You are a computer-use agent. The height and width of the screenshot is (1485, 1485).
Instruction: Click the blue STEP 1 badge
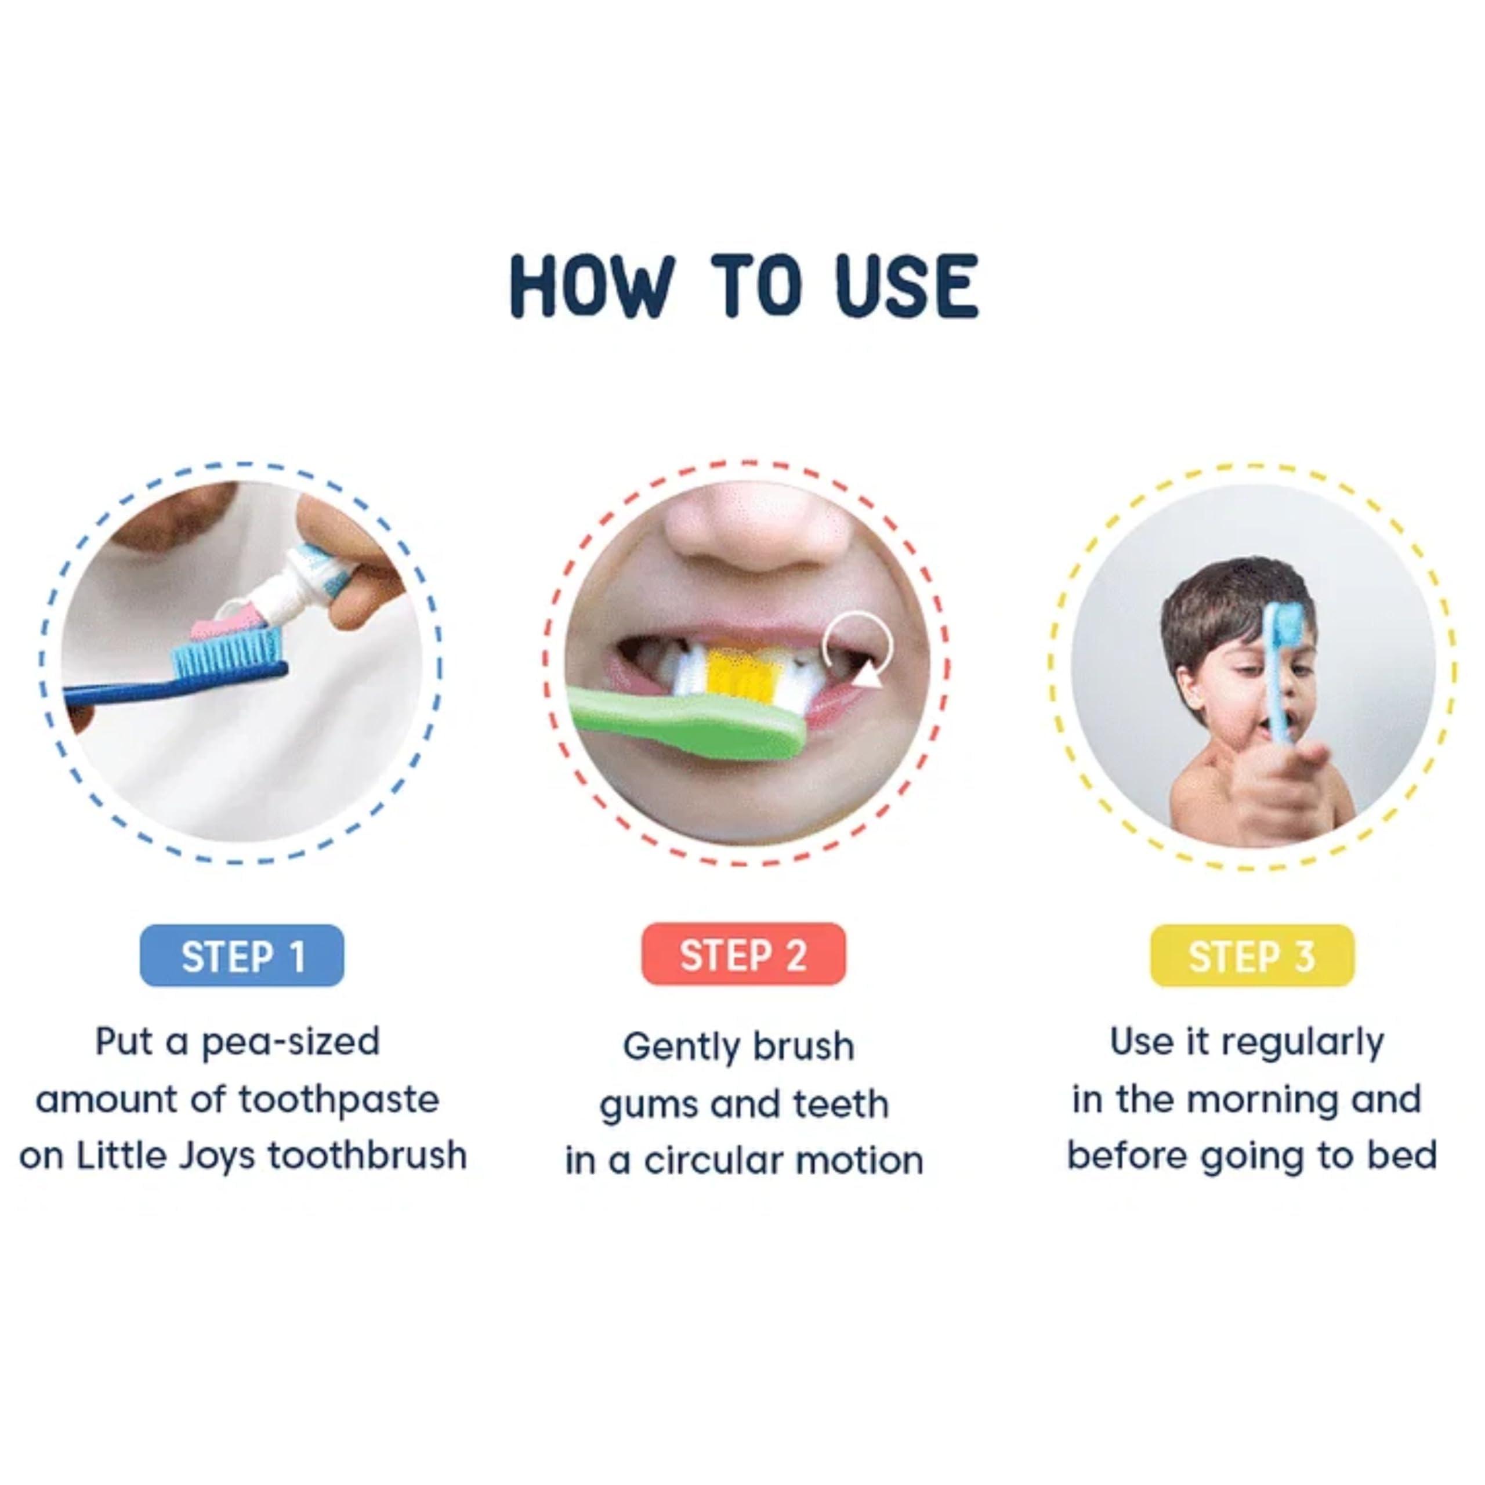tap(242, 955)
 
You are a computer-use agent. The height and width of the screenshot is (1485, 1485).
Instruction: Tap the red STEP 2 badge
tap(743, 955)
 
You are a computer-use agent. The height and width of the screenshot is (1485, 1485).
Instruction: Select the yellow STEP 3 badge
tap(1251, 955)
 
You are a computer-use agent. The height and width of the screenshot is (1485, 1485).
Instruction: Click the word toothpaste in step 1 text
tap(338, 1100)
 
